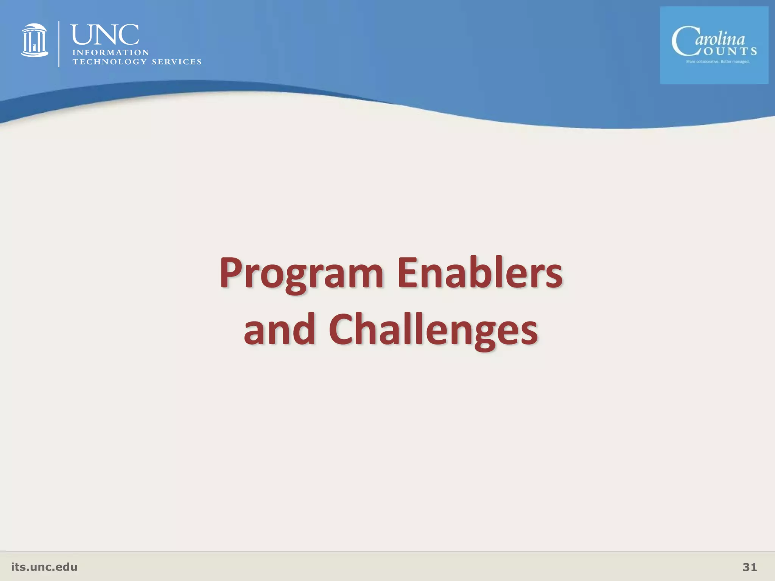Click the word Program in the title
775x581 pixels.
click(301, 273)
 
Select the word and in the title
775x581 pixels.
click(279, 330)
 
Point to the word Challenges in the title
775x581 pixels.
click(433, 330)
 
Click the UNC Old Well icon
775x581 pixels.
click(34, 40)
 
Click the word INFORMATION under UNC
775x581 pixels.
click(110, 53)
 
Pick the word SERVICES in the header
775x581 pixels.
click(176, 62)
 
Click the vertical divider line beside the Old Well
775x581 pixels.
click(59, 44)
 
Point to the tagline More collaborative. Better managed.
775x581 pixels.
click(717, 62)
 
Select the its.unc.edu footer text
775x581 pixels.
click(44, 567)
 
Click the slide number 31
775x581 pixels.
click(750, 567)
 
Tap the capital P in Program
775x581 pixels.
click(231, 272)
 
